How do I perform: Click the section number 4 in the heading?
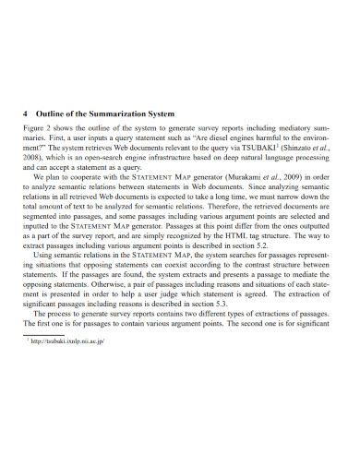[x=25, y=114]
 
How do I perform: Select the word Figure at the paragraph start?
[x=33, y=127]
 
